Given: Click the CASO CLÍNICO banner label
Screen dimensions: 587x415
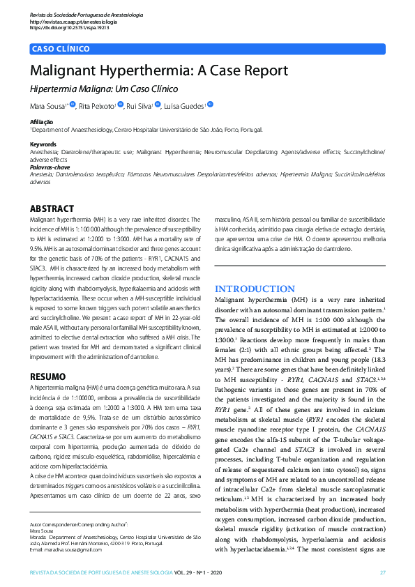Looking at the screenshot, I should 61,49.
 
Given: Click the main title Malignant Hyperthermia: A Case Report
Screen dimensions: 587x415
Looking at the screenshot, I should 158,71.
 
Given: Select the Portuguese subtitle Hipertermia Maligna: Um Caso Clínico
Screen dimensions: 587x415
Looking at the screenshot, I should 104,89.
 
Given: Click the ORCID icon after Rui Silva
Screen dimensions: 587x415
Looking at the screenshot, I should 158,105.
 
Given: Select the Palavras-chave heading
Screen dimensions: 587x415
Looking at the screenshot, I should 49,169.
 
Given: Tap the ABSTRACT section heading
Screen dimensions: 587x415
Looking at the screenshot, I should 52,208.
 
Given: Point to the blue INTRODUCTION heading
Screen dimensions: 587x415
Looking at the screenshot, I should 255,289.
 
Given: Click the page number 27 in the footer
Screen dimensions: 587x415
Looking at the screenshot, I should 382,572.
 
